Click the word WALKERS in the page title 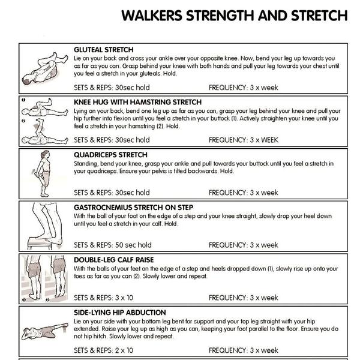click(152, 16)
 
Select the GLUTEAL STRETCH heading click(104, 50)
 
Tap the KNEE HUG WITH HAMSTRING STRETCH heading click(138, 102)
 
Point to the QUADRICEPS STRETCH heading click(110, 155)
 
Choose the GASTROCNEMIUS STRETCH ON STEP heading click(133, 208)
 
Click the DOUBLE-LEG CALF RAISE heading click(113, 260)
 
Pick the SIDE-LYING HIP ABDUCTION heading click(119, 313)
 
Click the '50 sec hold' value click(133, 245)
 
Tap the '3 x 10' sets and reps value click(124, 298)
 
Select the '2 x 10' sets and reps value click(124, 350)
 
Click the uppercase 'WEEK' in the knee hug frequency click(269, 140)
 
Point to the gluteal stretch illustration click(45, 68)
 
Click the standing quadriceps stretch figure click(42, 174)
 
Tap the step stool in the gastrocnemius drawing click(40, 244)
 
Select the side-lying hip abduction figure click(45, 331)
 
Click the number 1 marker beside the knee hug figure click(23, 100)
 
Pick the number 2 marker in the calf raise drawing click(47, 299)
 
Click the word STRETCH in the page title click(319, 16)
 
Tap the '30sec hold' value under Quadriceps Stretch click(132, 193)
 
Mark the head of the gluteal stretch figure click(26, 79)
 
